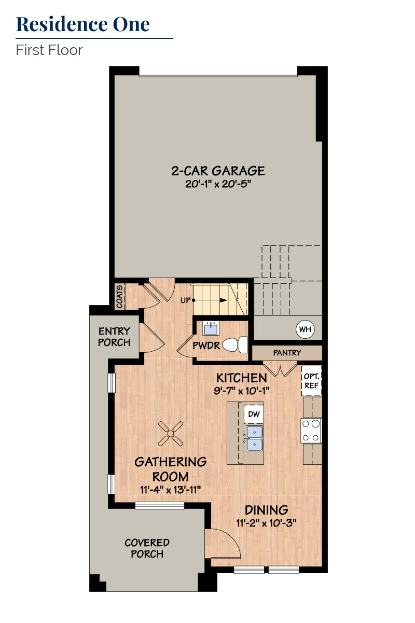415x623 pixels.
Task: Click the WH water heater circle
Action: pyautogui.click(x=305, y=329)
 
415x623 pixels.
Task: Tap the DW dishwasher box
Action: pyautogui.click(x=253, y=414)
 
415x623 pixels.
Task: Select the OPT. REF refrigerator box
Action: pyautogui.click(x=311, y=381)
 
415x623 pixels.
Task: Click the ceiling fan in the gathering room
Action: pyautogui.click(x=171, y=434)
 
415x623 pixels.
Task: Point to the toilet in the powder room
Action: pyautogui.click(x=235, y=344)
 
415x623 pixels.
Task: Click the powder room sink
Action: pyautogui.click(x=211, y=328)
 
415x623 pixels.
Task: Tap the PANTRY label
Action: pyautogui.click(x=287, y=353)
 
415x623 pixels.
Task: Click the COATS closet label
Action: pyautogui.click(x=120, y=297)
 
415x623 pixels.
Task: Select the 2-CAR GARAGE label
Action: pyautogui.click(x=218, y=171)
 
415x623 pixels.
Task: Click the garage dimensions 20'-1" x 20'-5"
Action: pyautogui.click(x=218, y=184)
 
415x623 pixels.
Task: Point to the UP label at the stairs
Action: pyautogui.click(x=186, y=300)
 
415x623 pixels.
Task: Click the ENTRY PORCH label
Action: pyautogui.click(x=114, y=337)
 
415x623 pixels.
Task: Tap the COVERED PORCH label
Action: pyautogui.click(x=147, y=548)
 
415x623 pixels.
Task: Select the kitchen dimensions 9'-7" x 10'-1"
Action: pyautogui.click(x=241, y=391)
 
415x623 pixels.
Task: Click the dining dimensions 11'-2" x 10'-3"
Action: pyautogui.click(x=266, y=523)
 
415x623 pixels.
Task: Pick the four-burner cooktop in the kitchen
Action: pyautogui.click(x=311, y=431)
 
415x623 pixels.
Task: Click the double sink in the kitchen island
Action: pyautogui.click(x=254, y=438)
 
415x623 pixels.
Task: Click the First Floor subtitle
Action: pyautogui.click(x=49, y=50)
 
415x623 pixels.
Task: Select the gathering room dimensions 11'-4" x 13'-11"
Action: pyautogui.click(x=171, y=490)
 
